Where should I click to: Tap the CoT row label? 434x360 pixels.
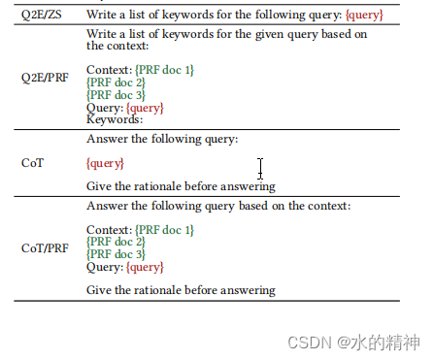click(x=32, y=163)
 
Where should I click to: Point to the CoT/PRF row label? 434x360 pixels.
click(x=46, y=247)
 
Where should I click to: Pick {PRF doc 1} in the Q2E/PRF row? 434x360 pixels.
click(x=163, y=70)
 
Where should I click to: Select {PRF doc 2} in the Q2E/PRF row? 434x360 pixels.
click(x=116, y=82)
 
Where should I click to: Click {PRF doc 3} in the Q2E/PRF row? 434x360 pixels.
click(x=116, y=95)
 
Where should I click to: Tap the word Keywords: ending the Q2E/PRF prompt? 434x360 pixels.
click(x=115, y=119)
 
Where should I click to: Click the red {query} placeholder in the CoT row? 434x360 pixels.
click(x=105, y=163)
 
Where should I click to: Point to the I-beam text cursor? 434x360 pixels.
click(x=260, y=168)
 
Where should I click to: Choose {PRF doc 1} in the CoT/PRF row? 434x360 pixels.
click(x=163, y=230)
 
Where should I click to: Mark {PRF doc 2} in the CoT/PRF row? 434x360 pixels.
click(x=116, y=242)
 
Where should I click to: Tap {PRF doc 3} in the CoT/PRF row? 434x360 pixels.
click(x=116, y=254)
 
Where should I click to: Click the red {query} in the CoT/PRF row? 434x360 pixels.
click(x=145, y=267)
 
